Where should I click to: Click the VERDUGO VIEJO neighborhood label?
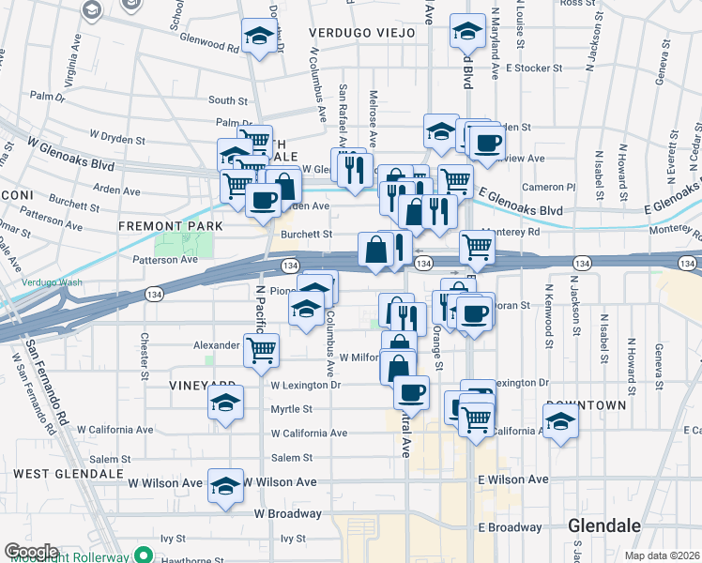pyautogui.click(x=362, y=32)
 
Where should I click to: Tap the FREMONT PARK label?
pyautogui.click(x=170, y=226)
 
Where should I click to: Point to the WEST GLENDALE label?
pyautogui.click(x=69, y=474)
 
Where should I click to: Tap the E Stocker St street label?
pyautogui.click(x=533, y=68)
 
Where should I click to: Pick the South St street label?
pyautogui.click(x=227, y=100)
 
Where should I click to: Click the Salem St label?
pyautogui.click(x=291, y=458)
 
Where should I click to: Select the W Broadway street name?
pyautogui.click(x=287, y=514)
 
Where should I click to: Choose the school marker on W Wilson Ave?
pyautogui.click(x=225, y=485)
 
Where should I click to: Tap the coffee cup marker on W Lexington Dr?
pyautogui.click(x=410, y=391)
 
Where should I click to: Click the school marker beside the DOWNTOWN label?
pyautogui.click(x=560, y=420)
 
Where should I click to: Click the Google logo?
pyautogui.click(x=31, y=551)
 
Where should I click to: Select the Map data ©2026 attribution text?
pyautogui.click(x=662, y=555)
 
